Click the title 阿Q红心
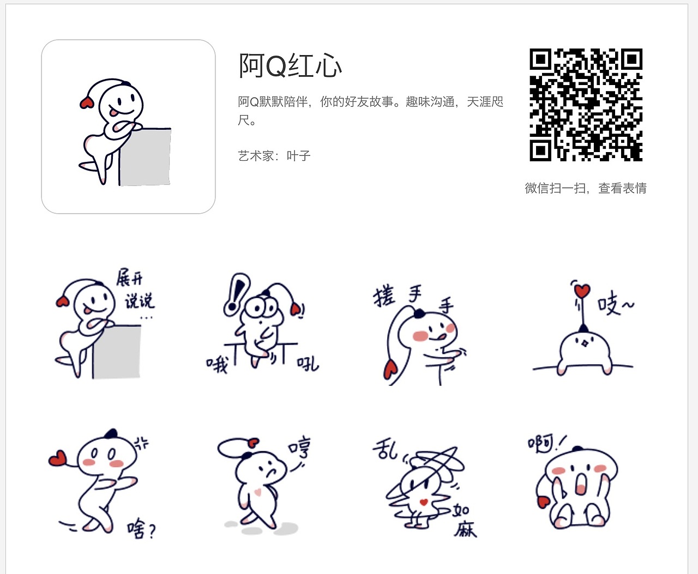click(x=290, y=66)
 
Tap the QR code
click(x=586, y=105)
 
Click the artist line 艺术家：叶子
click(x=274, y=156)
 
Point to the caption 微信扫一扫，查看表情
click(x=586, y=189)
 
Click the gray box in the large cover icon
click(x=145, y=157)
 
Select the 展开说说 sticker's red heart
click(x=62, y=301)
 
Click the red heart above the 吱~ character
click(x=582, y=291)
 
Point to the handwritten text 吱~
click(x=615, y=304)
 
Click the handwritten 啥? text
click(x=141, y=529)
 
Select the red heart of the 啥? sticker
click(x=57, y=458)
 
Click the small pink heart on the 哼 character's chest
click(x=258, y=492)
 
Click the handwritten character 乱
click(x=386, y=450)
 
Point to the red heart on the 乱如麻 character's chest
click(x=423, y=502)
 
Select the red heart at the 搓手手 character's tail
click(x=390, y=370)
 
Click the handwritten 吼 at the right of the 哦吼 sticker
click(x=308, y=363)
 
